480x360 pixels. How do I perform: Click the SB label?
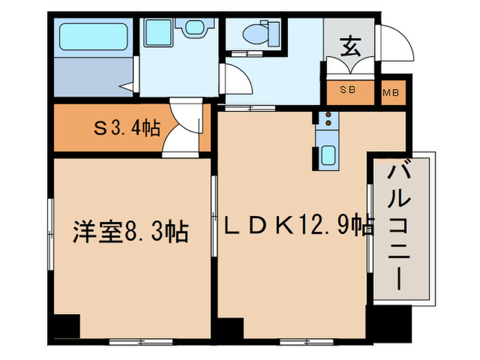point(348,92)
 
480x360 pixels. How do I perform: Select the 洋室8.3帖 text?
point(130,232)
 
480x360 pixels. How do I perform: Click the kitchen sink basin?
point(328,155)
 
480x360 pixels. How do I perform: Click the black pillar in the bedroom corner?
point(67,326)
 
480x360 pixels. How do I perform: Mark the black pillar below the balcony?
point(388,322)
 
